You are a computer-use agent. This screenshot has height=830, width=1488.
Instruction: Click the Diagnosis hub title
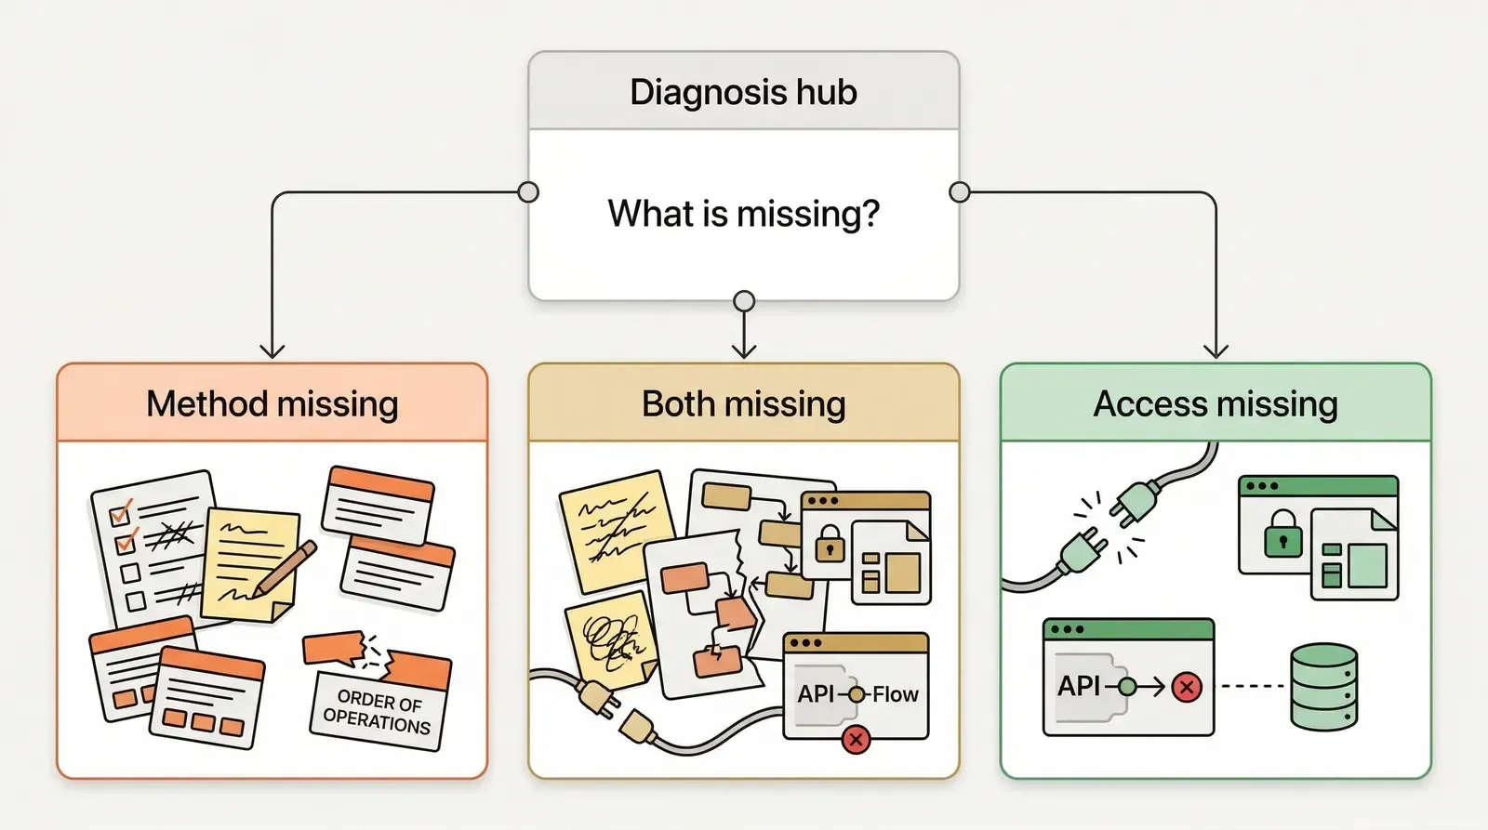point(743,92)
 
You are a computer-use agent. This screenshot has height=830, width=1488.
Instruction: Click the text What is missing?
point(743,214)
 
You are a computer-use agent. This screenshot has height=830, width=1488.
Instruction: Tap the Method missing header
point(272,403)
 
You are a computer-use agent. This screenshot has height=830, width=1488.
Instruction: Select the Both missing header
point(743,403)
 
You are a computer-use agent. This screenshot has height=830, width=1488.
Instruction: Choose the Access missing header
point(1215,403)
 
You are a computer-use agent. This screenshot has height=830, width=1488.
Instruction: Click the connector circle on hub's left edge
point(528,192)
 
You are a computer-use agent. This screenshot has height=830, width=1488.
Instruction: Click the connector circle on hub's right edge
point(960,192)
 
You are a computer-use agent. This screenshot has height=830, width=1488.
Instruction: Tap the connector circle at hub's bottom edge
point(744,301)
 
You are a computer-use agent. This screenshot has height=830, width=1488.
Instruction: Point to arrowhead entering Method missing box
point(272,351)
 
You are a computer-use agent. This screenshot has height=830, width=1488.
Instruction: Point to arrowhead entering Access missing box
point(1216,351)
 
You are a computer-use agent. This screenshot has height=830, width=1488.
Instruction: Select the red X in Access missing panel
point(1187,688)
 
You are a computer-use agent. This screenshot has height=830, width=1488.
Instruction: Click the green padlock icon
point(1283,534)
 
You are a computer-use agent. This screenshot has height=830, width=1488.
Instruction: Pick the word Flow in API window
point(895,694)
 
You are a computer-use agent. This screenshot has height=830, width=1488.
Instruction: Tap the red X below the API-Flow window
point(856,740)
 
